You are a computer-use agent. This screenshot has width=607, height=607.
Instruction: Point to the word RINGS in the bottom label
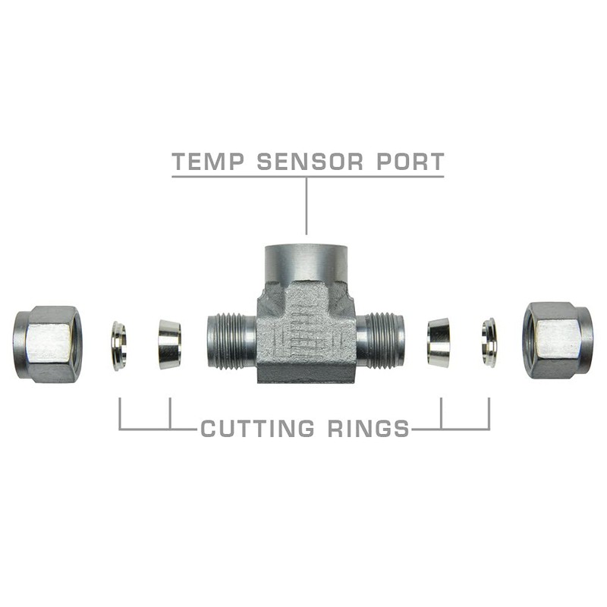(366, 429)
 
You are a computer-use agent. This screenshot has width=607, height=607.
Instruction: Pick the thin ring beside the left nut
(118, 345)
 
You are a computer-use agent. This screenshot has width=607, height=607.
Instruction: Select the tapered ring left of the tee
(169, 344)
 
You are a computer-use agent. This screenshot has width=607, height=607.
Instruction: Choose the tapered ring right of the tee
(438, 343)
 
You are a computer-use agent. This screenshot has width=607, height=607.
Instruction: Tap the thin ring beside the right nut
(489, 342)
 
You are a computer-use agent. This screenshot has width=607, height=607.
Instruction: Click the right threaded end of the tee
(381, 341)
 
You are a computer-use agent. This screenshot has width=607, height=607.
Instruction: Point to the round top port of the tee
(307, 263)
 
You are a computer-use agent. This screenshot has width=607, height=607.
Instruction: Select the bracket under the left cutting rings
(144, 429)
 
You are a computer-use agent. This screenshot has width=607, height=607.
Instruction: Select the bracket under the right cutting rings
(464, 429)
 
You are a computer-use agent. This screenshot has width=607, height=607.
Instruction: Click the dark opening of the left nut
(18, 344)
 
